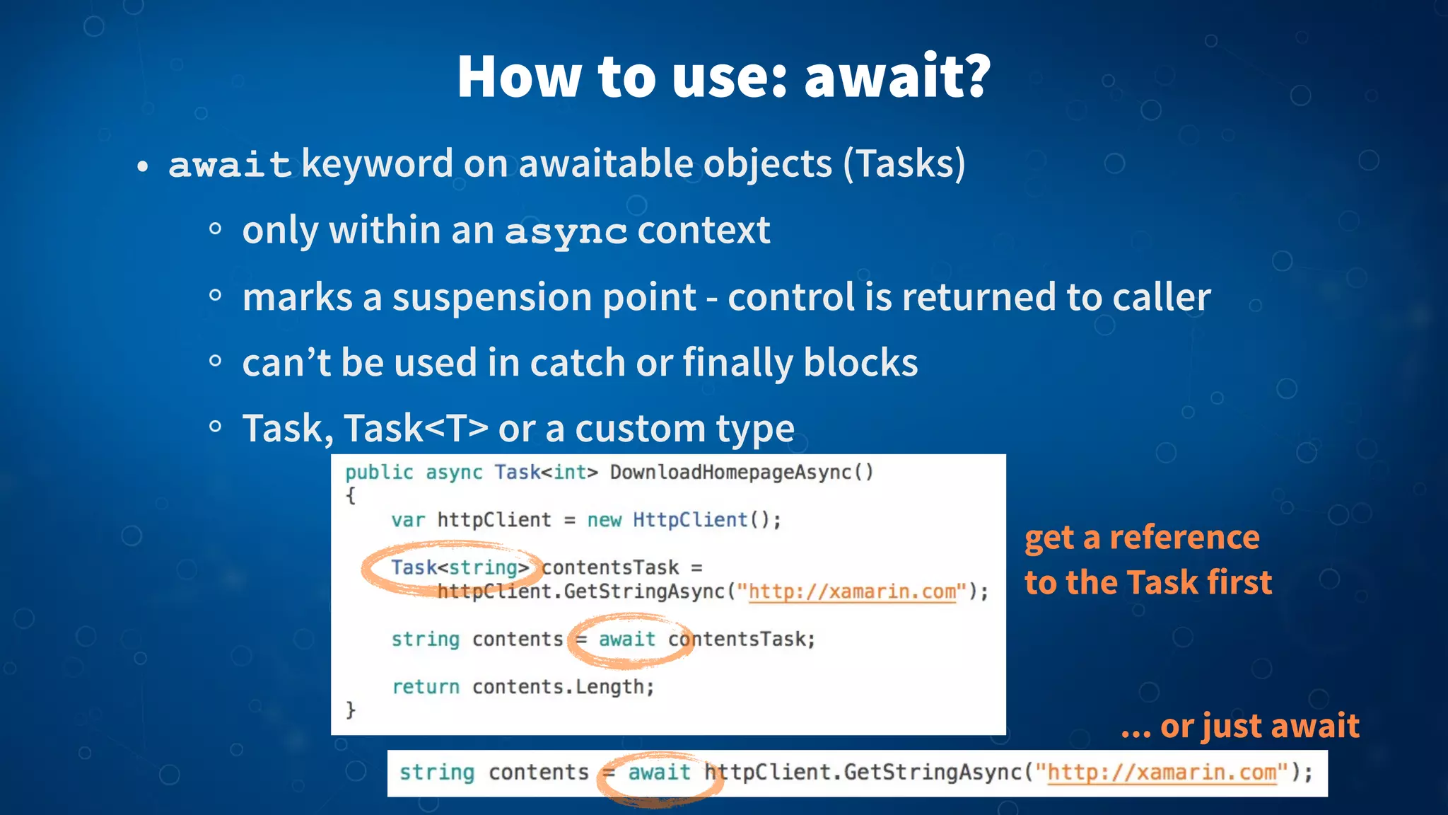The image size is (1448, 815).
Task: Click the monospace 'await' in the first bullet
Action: pos(230,165)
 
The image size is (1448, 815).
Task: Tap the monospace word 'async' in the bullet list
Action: pos(566,231)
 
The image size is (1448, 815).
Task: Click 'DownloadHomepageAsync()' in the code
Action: pos(742,472)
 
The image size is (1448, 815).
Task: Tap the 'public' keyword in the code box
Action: pos(379,472)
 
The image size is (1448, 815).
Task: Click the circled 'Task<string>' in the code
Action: pos(460,567)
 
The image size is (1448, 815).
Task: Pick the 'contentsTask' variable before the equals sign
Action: pos(609,567)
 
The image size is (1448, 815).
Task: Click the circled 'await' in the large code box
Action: pos(626,640)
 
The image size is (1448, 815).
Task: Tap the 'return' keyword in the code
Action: pos(426,687)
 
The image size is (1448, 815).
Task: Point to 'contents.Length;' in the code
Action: pos(563,687)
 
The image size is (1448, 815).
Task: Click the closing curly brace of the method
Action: pos(351,710)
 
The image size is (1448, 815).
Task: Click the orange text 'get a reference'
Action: pos(1142,538)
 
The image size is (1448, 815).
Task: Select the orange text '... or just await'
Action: pos(1239,726)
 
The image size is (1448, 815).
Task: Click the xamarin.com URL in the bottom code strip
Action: pos(1162,773)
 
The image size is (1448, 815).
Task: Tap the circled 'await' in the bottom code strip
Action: pos(658,773)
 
